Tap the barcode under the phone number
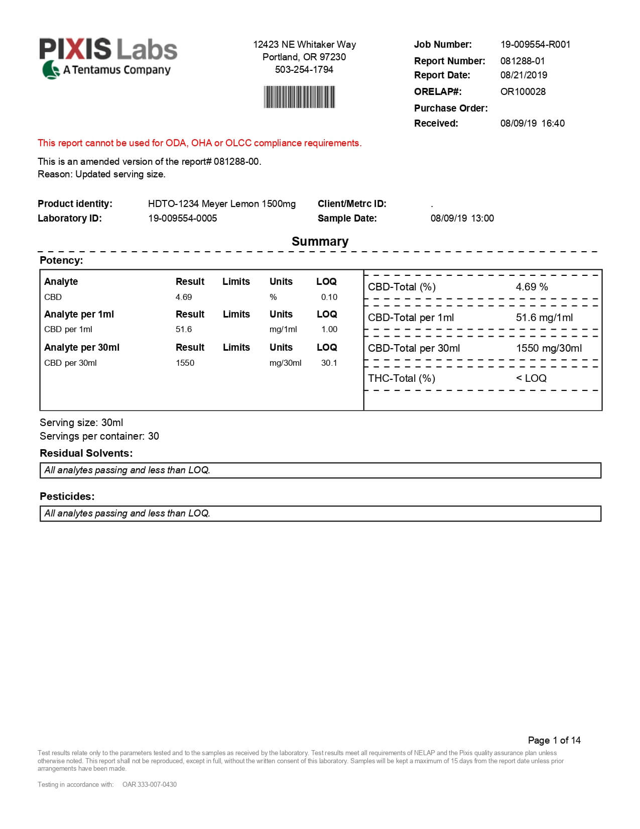[x=299, y=97]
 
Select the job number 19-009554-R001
[x=535, y=44]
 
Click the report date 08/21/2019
[x=524, y=75]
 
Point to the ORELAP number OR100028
[x=523, y=91]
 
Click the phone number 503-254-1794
[x=304, y=69]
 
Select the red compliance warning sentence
[x=199, y=143]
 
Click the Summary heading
[x=320, y=241]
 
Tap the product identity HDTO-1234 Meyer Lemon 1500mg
[x=221, y=203]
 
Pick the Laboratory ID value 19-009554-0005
[x=182, y=218]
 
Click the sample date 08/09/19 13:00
[x=462, y=218]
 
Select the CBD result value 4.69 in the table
[x=184, y=297]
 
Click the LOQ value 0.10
[x=329, y=297]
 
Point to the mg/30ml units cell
[x=285, y=363]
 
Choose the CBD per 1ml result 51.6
[x=184, y=329]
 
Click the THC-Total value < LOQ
[x=531, y=378]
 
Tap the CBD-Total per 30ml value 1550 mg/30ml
[x=549, y=348]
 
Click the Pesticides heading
[x=67, y=496]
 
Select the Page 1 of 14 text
[x=554, y=740]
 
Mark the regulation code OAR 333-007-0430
[x=150, y=784]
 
